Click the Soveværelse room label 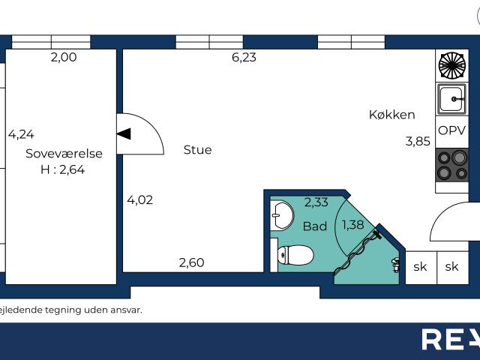[x=64, y=154]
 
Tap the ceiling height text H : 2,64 [x=64, y=169]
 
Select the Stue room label [x=197, y=150]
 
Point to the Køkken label [x=391, y=115]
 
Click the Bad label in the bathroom [x=315, y=226]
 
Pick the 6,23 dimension [x=244, y=57]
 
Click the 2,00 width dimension [x=64, y=57]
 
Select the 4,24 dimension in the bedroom [x=22, y=135]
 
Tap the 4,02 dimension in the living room [x=140, y=199]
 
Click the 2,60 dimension [x=191, y=262]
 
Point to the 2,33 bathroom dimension [x=316, y=202]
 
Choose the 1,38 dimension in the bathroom [x=354, y=224]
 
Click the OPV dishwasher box [x=452, y=130]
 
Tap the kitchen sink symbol [x=452, y=97]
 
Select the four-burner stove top [x=452, y=165]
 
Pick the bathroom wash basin [x=281, y=216]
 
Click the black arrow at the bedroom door [x=124, y=134]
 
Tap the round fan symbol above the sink [x=452, y=65]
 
